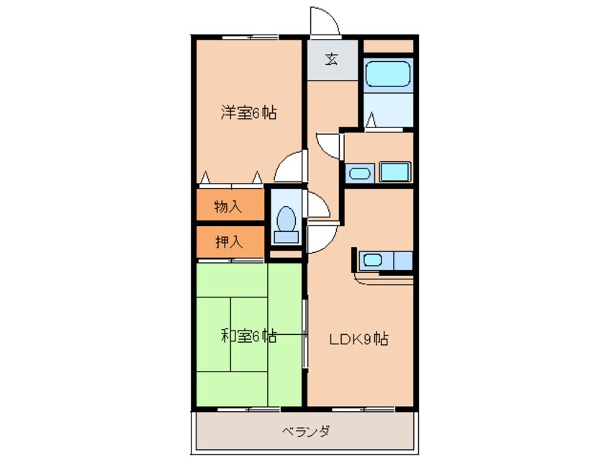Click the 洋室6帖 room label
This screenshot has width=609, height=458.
pyautogui.click(x=248, y=112)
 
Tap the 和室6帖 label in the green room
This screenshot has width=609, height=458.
pyautogui.click(x=248, y=336)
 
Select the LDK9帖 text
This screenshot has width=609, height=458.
pyautogui.click(x=359, y=338)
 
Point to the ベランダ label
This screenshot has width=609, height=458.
pyautogui.click(x=305, y=431)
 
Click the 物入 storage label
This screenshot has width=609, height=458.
pyautogui.click(x=228, y=207)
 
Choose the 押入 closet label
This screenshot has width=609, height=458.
pyautogui.click(x=228, y=242)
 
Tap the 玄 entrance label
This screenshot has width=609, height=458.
pyautogui.click(x=330, y=60)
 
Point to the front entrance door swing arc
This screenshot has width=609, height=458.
pyautogui.click(x=323, y=20)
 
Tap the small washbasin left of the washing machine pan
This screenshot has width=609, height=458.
pyautogui.click(x=358, y=173)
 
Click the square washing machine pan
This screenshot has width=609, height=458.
pyautogui.click(x=395, y=172)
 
